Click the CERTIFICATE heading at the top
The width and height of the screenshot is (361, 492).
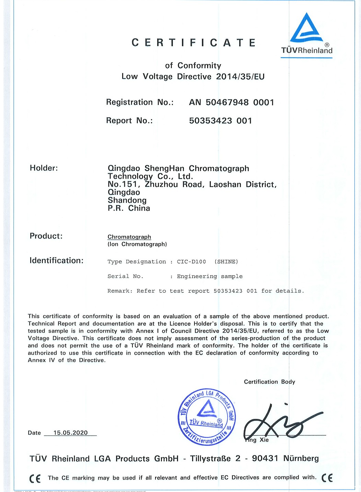tap(194, 43)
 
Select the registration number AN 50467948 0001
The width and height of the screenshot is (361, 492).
tap(232, 102)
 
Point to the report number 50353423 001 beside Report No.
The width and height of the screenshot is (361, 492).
tap(221, 121)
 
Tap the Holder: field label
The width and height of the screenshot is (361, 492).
tap(44, 168)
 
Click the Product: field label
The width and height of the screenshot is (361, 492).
tap(46, 236)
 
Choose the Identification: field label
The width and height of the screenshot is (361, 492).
tap(56, 260)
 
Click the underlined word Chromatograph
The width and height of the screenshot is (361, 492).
tap(129, 237)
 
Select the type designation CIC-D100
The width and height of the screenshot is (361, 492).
tap(191, 262)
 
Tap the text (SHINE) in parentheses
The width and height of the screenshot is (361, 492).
tap(226, 262)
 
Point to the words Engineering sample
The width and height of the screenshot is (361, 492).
tap(210, 276)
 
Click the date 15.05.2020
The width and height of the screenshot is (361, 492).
tap(70, 433)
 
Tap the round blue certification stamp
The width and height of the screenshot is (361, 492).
tap(207, 417)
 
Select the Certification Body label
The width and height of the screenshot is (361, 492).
tap(269, 382)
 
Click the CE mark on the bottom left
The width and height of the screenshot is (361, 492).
tap(35, 478)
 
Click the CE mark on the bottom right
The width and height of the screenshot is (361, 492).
tap(327, 478)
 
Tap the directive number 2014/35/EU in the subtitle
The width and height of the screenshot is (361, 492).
tap(240, 77)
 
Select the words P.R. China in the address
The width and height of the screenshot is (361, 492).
tap(129, 208)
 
